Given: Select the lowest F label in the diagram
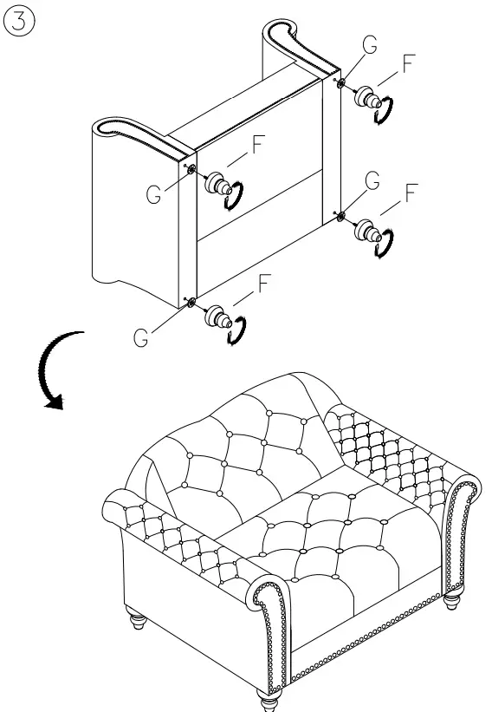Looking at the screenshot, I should (263, 282).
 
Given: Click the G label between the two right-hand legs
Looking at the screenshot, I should (372, 180).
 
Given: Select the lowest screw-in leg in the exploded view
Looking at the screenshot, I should (217, 318).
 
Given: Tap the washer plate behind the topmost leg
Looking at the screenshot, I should (341, 83).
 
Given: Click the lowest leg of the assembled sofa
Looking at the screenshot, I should (267, 698).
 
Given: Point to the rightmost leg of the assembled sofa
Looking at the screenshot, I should (451, 601).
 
